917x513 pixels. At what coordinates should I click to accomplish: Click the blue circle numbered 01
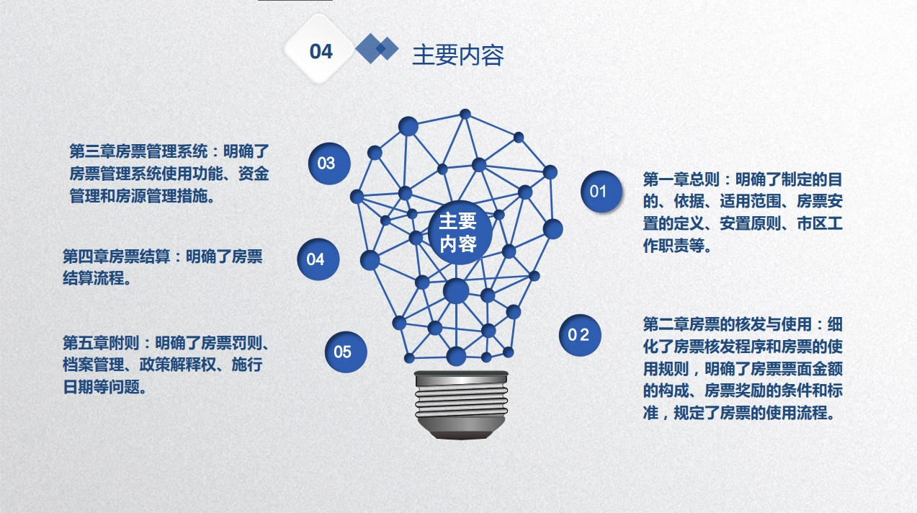click(x=601, y=191)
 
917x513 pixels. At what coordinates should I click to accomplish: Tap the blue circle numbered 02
click(x=580, y=335)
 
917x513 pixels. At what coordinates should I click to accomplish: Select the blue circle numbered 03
click(x=329, y=164)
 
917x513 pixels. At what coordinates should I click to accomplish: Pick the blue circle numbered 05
click(x=346, y=352)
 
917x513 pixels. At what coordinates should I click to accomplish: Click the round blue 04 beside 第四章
click(x=318, y=259)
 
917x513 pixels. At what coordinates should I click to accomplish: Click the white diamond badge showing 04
click(x=319, y=49)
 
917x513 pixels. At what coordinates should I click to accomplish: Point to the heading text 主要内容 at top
click(x=457, y=55)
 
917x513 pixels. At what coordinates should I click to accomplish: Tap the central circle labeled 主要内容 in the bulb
click(x=459, y=232)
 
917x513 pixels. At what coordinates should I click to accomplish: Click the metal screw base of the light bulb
click(x=461, y=405)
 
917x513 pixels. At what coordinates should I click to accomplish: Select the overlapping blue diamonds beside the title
click(x=377, y=48)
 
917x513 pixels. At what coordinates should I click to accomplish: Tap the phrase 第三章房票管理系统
click(x=139, y=151)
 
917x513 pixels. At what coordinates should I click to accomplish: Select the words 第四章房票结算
click(x=116, y=256)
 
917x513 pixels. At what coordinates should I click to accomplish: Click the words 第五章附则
click(x=101, y=343)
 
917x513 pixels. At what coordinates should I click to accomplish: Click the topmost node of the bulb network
click(x=465, y=114)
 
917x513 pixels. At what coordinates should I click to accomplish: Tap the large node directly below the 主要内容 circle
click(x=456, y=291)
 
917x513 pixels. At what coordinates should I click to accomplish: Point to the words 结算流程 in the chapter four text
click(x=94, y=278)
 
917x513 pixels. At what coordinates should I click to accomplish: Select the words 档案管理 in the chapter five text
click(x=94, y=365)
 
